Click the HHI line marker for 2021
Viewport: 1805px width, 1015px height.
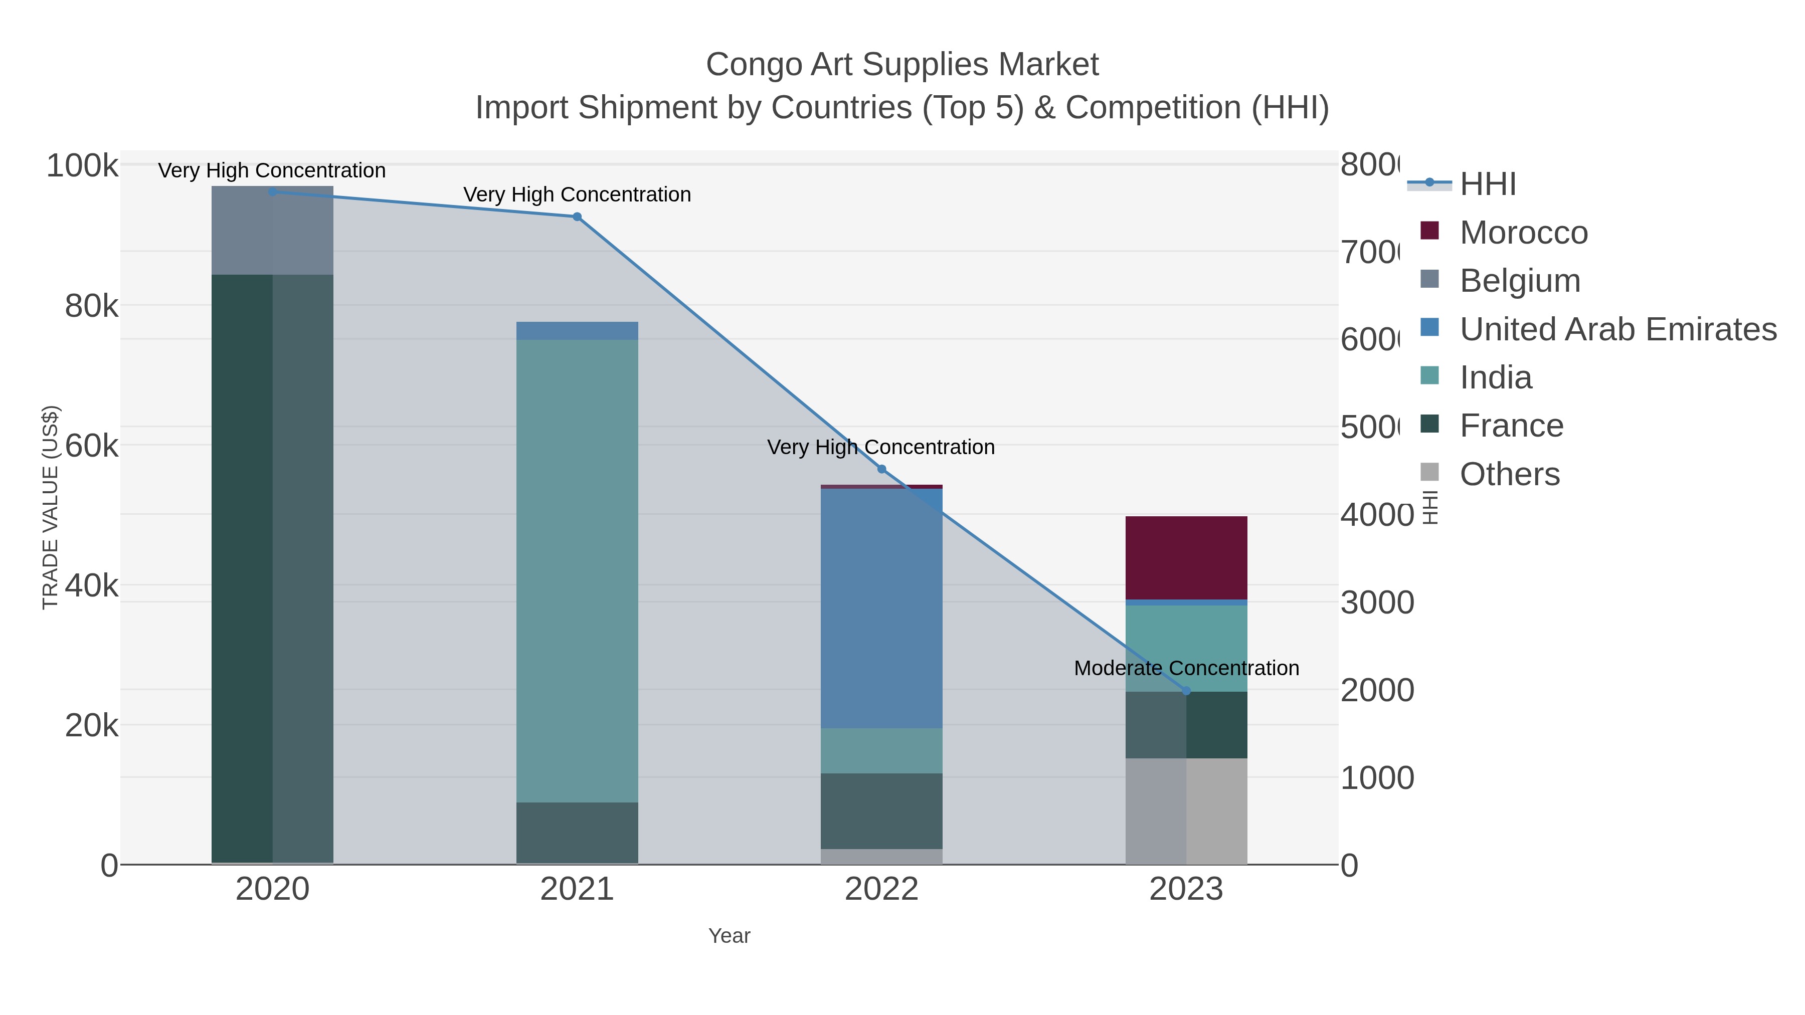(x=577, y=217)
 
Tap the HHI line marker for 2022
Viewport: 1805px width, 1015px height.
(x=881, y=469)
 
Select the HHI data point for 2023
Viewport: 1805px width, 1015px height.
(x=1186, y=691)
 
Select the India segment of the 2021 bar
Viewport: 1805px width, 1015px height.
(x=577, y=570)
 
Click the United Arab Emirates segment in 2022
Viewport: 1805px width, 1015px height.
(x=881, y=608)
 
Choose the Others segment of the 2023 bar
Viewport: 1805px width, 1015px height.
(x=1186, y=810)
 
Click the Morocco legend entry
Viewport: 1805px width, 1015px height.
(x=1523, y=232)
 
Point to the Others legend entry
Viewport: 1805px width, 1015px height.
(x=1509, y=474)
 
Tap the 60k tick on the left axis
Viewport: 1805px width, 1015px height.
(x=91, y=446)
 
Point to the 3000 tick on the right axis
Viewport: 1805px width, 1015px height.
(x=1377, y=602)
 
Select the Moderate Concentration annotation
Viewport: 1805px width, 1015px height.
(x=1186, y=668)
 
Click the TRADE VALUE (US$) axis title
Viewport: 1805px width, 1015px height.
(x=51, y=507)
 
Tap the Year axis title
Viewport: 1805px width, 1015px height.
(x=729, y=936)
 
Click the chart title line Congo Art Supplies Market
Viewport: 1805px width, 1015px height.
(x=902, y=65)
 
